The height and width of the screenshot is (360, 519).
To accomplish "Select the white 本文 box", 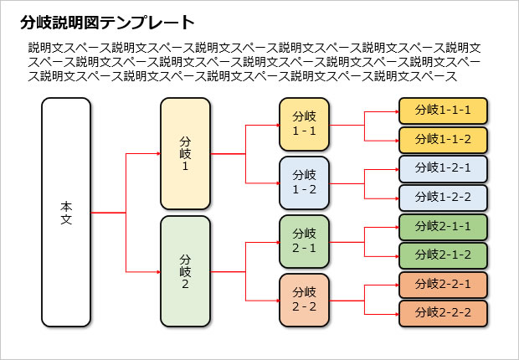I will click(x=66, y=212).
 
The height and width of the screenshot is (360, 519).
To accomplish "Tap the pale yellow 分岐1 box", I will click(x=185, y=154).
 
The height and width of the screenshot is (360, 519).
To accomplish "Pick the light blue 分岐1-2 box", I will click(x=304, y=183).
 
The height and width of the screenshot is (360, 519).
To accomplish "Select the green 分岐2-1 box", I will click(x=304, y=241).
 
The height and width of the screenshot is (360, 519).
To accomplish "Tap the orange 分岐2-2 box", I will click(x=304, y=300).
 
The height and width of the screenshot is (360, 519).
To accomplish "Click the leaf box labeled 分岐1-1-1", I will click(x=443, y=111).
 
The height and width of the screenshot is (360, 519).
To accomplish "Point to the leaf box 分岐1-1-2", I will click(x=443, y=139).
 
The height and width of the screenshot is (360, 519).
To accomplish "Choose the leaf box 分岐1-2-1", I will click(x=443, y=168).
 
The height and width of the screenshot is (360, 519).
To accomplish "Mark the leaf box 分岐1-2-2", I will click(x=443, y=198).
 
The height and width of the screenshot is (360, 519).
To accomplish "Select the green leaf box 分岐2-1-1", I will click(x=443, y=226).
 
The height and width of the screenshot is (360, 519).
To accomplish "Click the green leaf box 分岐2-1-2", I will click(x=443, y=255).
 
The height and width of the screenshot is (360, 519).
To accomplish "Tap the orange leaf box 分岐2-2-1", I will click(x=443, y=285).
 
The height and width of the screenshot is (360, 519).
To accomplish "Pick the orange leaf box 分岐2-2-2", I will click(x=443, y=313).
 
